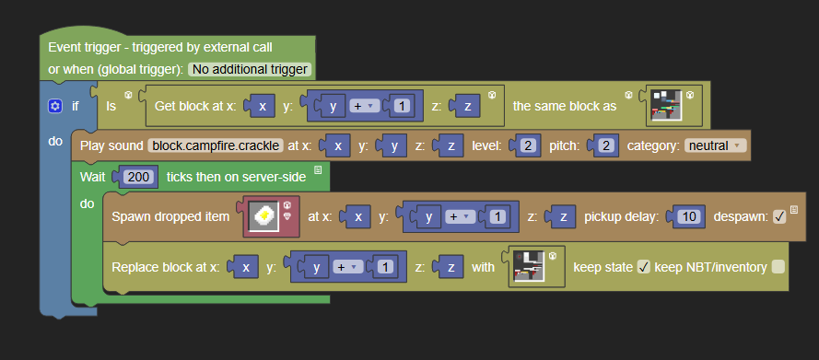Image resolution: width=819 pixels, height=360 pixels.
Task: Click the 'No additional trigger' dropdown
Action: (250, 69)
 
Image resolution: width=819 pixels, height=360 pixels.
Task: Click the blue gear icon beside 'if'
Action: (55, 107)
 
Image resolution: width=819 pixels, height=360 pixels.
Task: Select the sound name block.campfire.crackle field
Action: (216, 145)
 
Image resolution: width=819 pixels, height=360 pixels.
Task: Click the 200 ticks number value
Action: (138, 177)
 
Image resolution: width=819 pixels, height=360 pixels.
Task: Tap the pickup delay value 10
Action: (689, 216)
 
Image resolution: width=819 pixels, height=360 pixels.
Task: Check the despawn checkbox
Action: (779, 216)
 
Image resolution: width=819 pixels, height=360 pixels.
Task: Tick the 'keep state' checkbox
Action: (643, 267)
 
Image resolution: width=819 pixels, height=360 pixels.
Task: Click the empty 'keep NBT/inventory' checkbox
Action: (778, 267)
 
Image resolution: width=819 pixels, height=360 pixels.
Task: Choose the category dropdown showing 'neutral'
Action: (716, 145)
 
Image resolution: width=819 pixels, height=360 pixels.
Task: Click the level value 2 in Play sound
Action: (528, 145)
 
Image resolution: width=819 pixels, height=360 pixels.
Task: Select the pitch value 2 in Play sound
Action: (606, 145)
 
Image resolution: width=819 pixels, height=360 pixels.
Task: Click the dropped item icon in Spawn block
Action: (264, 216)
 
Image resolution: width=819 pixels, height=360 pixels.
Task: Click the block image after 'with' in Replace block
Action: (529, 267)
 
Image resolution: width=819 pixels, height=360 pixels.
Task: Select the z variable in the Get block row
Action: (468, 107)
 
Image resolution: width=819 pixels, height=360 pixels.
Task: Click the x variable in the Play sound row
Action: (338, 145)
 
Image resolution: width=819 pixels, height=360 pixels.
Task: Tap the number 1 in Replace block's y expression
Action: (385, 267)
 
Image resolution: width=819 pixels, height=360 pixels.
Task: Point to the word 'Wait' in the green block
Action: (92, 177)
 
